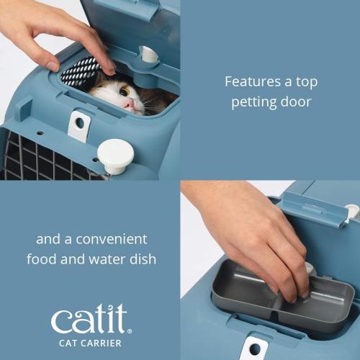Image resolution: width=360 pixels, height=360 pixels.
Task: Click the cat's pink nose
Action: point(130,102)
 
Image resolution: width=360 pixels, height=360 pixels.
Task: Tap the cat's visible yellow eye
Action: point(125,91)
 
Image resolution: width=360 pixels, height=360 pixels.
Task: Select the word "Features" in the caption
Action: point(253,81)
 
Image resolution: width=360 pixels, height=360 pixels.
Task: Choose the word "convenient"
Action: point(112,239)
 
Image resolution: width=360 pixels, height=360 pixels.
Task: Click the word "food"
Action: point(42,259)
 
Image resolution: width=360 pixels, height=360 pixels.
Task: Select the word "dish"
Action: point(143,259)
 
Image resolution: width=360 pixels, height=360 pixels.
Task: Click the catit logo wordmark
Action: point(89,318)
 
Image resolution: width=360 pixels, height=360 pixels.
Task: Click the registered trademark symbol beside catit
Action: point(130,331)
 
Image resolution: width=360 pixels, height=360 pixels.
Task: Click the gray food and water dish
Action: point(283,296)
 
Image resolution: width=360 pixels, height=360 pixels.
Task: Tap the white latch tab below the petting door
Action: point(79,126)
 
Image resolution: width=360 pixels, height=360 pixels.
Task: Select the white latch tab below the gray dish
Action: point(255,348)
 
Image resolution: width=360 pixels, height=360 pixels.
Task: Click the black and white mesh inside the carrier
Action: point(78,72)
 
